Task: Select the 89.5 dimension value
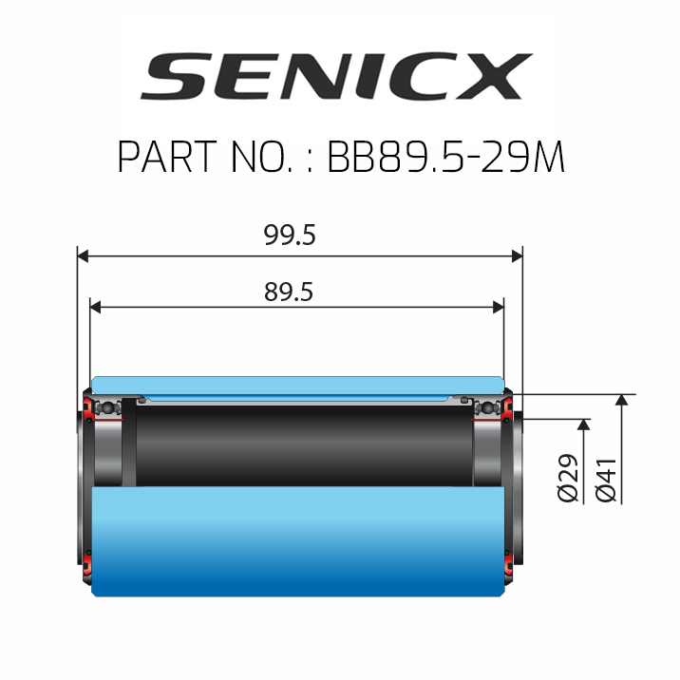point(289,293)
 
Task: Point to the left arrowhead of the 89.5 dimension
point(95,306)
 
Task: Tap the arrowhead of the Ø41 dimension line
point(622,400)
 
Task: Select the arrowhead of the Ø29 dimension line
point(583,424)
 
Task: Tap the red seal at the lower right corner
point(511,569)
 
